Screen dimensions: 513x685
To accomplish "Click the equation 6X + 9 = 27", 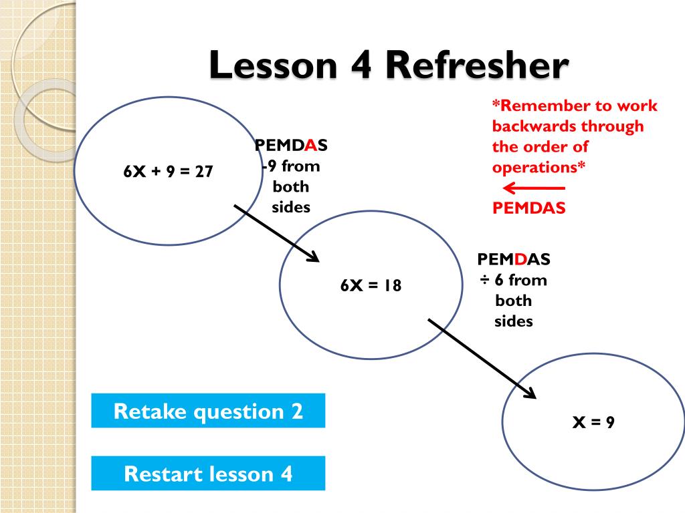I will (168, 172).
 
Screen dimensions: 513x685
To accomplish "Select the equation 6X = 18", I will (371, 285).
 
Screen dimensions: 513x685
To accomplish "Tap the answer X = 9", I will (593, 422).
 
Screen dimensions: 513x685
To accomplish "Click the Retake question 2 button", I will (208, 411).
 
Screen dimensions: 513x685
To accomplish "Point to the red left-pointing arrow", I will (532, 188).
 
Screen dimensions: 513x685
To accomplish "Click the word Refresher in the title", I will (477, 67).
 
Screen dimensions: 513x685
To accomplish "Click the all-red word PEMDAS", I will (529, 208).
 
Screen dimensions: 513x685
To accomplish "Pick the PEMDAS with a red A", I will (291, 146).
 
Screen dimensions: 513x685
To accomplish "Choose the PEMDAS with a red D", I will (514, 259).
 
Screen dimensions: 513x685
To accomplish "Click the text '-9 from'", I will (291, 166).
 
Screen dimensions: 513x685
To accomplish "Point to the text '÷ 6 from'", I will (512, 280).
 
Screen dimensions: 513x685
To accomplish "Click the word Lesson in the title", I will (275, 67).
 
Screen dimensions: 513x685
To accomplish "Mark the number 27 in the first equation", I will (204, 172).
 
